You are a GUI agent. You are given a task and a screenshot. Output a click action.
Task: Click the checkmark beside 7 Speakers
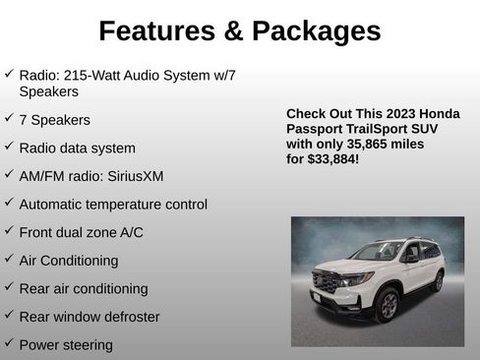[9, 118]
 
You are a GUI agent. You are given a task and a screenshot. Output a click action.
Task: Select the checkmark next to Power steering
[9, 343]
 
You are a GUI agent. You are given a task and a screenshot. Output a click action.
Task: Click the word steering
[86, 345]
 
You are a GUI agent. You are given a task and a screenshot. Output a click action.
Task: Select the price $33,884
[331, 157]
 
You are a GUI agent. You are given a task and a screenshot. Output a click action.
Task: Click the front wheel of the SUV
[386, 305]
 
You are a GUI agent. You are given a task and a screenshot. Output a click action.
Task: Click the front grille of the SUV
[324, 283]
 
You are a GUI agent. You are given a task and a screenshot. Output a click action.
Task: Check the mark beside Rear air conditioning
[9, 287]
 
